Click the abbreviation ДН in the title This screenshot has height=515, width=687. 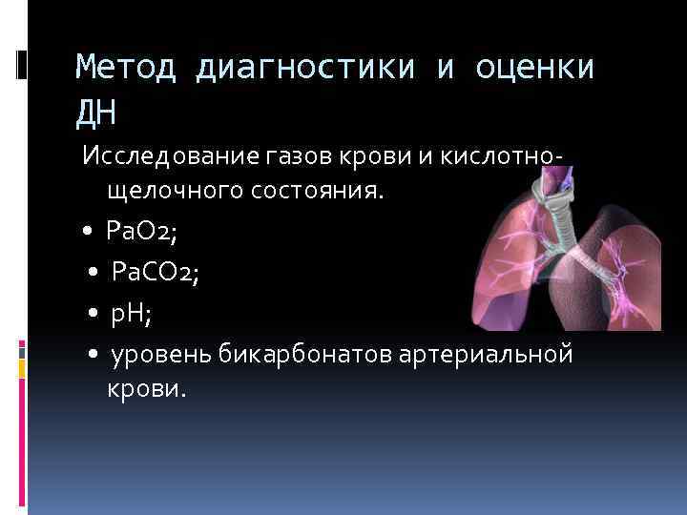point(95,113)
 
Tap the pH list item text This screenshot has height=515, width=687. point(134,316)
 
